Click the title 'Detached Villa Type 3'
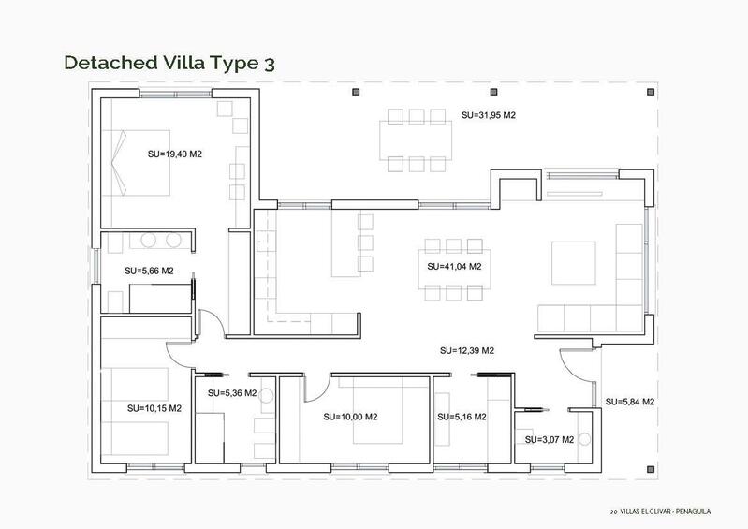pyautogui.click(x=169, y=63)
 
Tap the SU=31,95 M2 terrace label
pyautogui.click(x=489, y=115)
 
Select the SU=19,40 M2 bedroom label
pyautogui.click(x=175, y=153)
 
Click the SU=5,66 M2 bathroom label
pyautogui.click(x=149, y=271)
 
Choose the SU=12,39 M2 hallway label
pyautogui.click(x=466, y=350)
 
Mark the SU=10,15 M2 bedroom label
pyautogui.click(x=154, y=408)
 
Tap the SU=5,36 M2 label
pyautogui.click(x=231, y=393)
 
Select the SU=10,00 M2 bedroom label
pyautogui.click(x=349, y=417)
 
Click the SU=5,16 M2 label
pyautogui.click(x=461, y=417)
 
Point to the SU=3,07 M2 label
pyautogui.click(x=549, y=439)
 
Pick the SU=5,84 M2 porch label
pyautogui.click(x=629, y=402)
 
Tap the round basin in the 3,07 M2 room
pyautogui.click(x=585, y=438)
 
